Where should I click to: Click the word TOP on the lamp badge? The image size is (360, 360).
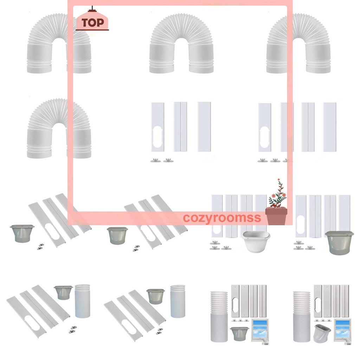pyautogui.click(x=92, y=23)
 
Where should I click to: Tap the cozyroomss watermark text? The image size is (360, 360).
pyautogui.click(x=222, y=218)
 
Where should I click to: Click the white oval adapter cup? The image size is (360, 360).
pyautogui.click(x=256, y=241)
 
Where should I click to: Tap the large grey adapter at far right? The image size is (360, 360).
pyautogui.click(x=339, y=242)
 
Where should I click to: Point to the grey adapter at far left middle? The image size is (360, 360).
pyautogui.click(x=22, y=233)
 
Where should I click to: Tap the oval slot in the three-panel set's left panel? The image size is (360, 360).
pyautogui.click(x=157, y=136)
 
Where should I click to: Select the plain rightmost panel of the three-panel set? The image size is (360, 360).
pyautogui.click(x=204, y=127)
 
